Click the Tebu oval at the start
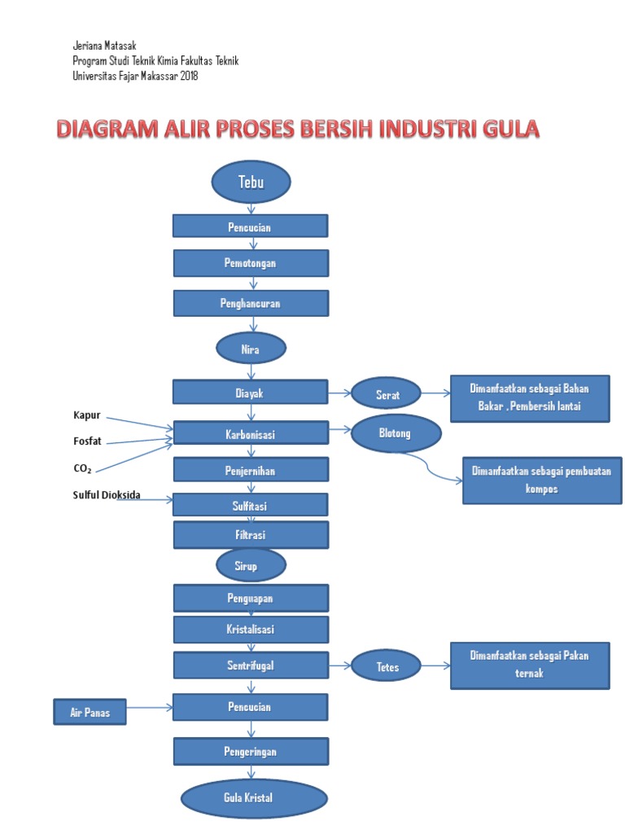(x=251, y=182)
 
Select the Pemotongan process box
(x=251, y=263)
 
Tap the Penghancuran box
(x=251, y=303)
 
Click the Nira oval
(x=251, y=349)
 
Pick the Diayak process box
(x=251, y=393)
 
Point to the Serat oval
(x=386, y=394)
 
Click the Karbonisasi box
(x=251, y=433)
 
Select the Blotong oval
(x=396, y=433)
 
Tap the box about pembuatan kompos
(x=542, y=481)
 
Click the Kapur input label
(x=87, y=415)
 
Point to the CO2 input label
(x=83, y=468)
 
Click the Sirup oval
(x=251, y=565)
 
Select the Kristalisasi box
(x=251, y=630)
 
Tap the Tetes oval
(x=386, y=666)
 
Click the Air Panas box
(x=90, y=713)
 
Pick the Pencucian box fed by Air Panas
(x=251, y=707)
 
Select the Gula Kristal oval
(x=253, y=797)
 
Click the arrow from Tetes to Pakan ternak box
(x=435, y=665)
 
